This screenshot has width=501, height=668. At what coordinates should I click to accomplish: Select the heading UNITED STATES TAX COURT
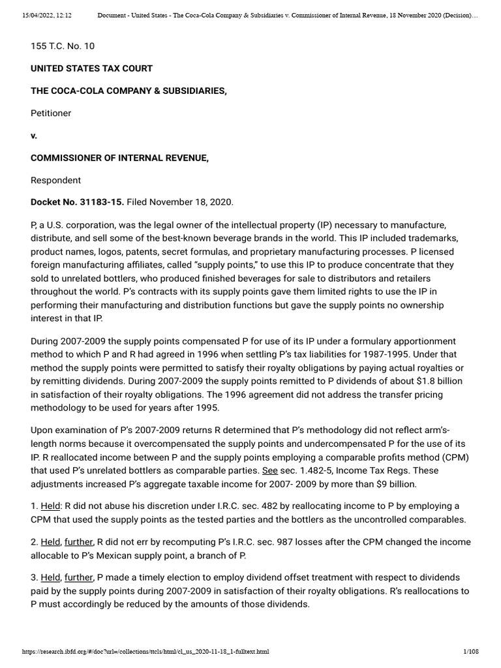pos(92,68)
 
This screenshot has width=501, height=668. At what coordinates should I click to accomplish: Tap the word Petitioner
pos(51,113)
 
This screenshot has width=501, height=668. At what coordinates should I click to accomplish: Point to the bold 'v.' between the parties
pos(34,136)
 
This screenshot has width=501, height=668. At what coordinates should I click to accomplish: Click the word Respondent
pos(55,180)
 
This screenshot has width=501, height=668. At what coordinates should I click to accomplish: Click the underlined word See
pos(269,470)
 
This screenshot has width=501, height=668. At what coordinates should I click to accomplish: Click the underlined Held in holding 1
pos(50,506)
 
